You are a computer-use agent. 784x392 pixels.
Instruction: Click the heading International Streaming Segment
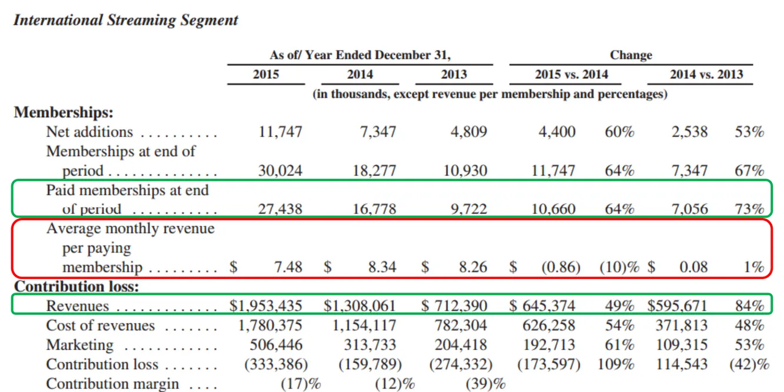pyautogui.click(x=125, y=20)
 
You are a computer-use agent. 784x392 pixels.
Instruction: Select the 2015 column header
pyautogui.click(x=265, y=74)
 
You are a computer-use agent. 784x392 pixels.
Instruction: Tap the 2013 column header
pyautogui.click(x=454, y=74)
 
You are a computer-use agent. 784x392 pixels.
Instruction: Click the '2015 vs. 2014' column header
pyautogui.click(x=571, y=74)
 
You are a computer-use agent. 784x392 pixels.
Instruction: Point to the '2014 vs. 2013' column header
pyautogui.click(x=706, y=74)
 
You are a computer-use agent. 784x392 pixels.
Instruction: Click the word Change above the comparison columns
pyautogui.click(x=631, y=55)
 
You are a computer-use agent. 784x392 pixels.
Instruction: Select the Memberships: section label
pyautogui.click(x=64, y=112)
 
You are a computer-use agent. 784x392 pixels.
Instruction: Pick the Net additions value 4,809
pyautogui.click(x=469, y=131)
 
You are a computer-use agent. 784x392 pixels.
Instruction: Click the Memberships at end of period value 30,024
pyautogui.click(x=280, y=171)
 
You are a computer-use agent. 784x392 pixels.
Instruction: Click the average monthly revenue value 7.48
pyautogui.click(x=288, y=267)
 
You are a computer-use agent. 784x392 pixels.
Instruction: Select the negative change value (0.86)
pyautogui.click(x=560, y=267)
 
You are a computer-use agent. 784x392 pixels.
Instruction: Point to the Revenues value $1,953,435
pyautogui.click(x=265, y=305)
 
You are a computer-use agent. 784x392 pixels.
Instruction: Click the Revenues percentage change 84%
pyautogui.click(x=749, y=305)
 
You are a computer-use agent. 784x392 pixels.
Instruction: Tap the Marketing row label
pyautogui.click(x=79, y=345)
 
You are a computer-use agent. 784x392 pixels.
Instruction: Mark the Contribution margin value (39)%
pyautogui.click(x=485, y=384)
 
